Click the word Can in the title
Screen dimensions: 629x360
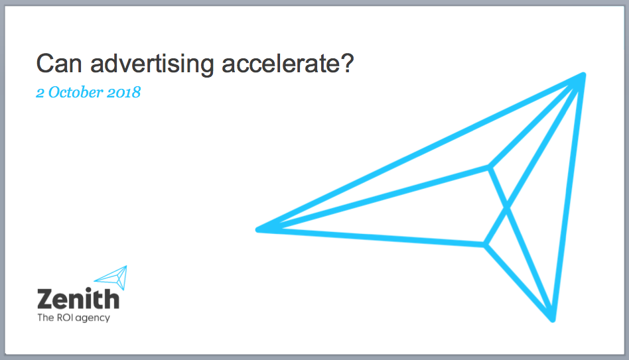[x=59, y=64]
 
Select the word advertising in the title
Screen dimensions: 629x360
[x=152, y=64]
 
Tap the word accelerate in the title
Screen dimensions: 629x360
[x=279, y=64]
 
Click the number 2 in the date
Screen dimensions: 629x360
[x=40, y=93]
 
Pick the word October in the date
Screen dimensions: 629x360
[x=76, y=92]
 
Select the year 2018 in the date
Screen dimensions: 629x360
[x=123, y=93]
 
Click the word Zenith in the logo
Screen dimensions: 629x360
[x=78, y=298]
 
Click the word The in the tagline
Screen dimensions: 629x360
[x=45, y=318]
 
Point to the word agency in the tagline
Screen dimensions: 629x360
[x=93, y=318]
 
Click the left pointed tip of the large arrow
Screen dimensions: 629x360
[x=258, y=229]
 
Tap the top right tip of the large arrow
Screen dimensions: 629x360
[x=583, y=75]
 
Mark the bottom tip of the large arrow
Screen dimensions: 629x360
[x=553, y=320]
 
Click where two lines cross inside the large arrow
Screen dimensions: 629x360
[x=507, y=208]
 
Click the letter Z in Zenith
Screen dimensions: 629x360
[x=45, y=299]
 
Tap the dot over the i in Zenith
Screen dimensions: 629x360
[x=88, y=290]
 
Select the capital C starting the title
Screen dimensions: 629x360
[x=45, y=64]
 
